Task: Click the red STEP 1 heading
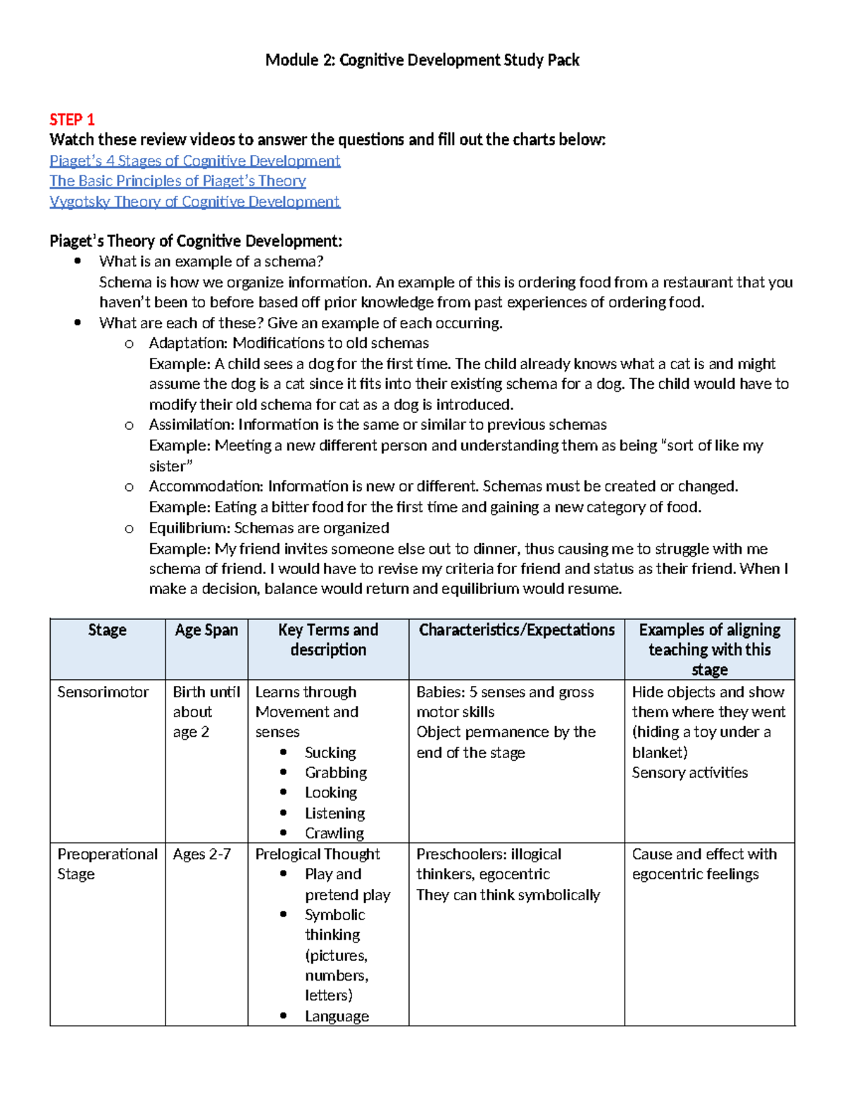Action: pos(72,119)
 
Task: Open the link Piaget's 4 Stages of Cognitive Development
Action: pos(194,161)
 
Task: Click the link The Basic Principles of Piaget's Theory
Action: pos(177,181)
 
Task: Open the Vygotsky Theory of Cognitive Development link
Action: pos(194,201)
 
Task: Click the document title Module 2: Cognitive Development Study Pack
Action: pos(422,60)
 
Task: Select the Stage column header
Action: pos(107,630)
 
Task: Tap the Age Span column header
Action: pos(206,630)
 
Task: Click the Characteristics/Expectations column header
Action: pos(516,630)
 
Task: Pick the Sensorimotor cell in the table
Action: pos(103,692)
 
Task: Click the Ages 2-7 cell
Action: pos(201,854)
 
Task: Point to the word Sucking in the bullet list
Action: pos(330,752)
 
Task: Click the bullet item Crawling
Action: pos(334,833)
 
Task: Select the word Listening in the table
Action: pos(334,813)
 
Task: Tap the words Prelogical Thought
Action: pos(318,854)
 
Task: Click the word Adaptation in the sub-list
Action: pos(187,343)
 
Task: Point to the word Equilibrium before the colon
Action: pos(189,528)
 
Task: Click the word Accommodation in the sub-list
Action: pos(206,486)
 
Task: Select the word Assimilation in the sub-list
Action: pos(191,425)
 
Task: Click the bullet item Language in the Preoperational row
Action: pos(337,1016)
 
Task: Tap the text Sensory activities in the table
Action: pos(689,773)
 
